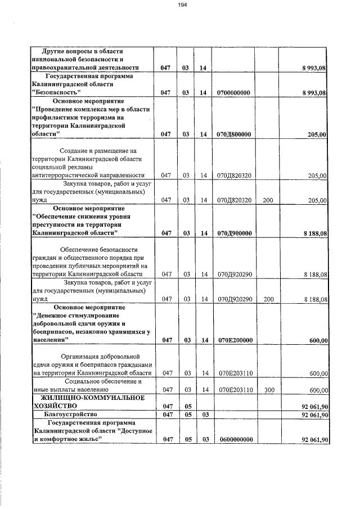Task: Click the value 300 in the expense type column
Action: (x=268, y=389)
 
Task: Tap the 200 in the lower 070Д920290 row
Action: (x=268, y=299)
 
